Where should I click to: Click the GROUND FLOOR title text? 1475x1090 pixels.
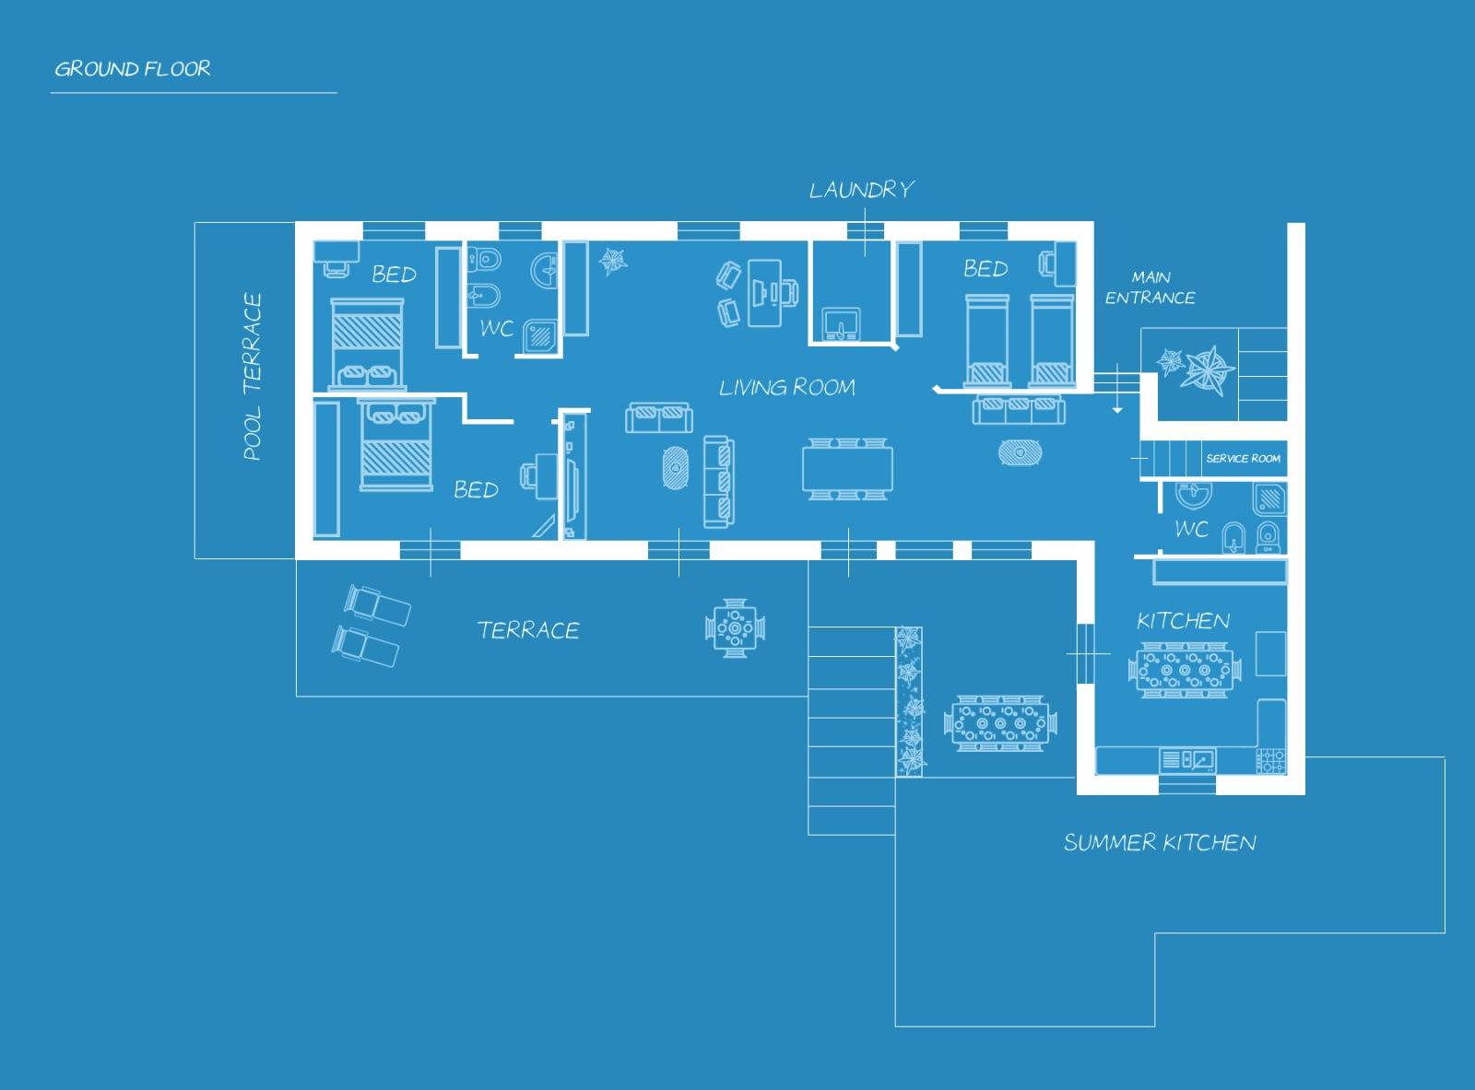[133, 68]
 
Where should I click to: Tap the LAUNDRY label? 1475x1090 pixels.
[862, 190]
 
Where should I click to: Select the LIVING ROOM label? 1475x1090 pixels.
[787, 387]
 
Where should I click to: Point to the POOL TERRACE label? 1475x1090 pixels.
[253, 376]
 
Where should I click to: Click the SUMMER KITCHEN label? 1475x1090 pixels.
[1160, 842]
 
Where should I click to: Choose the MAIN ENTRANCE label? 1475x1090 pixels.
[1150, 287]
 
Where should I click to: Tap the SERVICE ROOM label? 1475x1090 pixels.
[1243, 458]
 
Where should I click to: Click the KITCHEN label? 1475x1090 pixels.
[1183, 621]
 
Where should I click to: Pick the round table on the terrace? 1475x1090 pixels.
[735, 628]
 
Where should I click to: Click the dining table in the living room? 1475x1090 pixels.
[847, 469]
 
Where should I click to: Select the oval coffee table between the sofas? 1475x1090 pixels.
[675, 468]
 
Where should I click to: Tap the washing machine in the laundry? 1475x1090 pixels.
[841, 324]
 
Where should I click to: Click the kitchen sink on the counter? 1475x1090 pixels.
[1187, 759]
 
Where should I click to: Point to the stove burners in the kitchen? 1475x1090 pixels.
[1270, 760]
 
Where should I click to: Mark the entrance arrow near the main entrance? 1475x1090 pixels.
[1117, 389]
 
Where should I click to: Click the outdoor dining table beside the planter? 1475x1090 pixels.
[1000, 723]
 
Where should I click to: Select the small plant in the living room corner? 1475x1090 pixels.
[612, 261]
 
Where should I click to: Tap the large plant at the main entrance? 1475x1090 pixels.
[1207, 369]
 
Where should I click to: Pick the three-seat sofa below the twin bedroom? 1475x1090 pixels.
[1019, 410]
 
